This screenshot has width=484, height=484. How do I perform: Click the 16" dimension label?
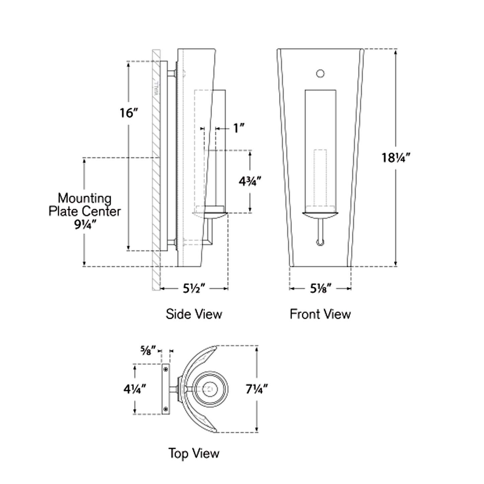(x=129, y=113)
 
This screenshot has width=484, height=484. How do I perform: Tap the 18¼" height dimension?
(x=396, y=157)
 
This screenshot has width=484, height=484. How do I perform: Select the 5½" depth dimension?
(x=194, y=288)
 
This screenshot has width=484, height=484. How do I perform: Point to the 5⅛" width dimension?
(x=321, y=288)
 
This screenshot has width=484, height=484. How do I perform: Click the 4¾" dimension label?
(x=250, y=181)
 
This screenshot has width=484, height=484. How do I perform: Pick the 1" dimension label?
(x=238, y=128)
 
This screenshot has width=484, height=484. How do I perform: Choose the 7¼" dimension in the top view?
(x=257, y=389)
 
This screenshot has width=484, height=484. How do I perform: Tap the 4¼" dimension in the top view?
(x=135, y=389)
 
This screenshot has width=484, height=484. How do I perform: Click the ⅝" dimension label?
(x=148, y=351)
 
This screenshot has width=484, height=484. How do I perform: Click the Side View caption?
(x=194, y=314)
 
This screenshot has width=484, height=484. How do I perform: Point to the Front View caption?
(x=320, y=314)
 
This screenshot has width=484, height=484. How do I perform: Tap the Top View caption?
(x=194, y=453)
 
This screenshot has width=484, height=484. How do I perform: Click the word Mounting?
(x=84, y=198)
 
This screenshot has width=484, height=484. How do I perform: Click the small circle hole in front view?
(x=320, y=74)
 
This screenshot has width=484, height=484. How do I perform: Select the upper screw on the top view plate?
(x=165, y=369)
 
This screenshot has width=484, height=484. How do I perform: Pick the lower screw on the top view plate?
(x=165, y=409)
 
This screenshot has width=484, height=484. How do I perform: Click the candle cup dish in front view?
(x=320, y=215)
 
